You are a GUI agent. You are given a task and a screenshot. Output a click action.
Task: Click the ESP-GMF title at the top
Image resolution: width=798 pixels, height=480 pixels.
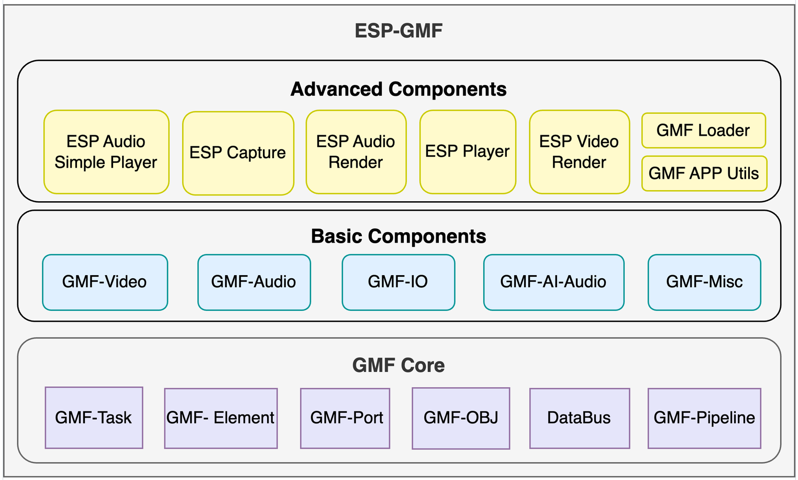click(398, 31)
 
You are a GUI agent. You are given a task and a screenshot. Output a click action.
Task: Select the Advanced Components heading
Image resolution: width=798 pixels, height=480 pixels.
click(398, 89)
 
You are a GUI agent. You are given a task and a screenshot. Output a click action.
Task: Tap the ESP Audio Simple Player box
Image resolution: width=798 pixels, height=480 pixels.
click(106, 152)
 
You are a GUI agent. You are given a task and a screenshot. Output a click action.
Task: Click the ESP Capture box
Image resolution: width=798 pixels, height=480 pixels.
click(238, 153)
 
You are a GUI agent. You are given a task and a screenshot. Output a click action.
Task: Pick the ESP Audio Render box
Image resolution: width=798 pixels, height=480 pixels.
click(356, 152)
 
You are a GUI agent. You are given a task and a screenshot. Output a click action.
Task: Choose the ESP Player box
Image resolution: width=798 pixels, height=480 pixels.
click(468, 152)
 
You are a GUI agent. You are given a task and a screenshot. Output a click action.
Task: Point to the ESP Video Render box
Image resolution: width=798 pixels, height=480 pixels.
click(579, 152)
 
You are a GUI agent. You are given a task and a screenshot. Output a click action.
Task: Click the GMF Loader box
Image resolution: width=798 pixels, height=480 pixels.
click(704, 130)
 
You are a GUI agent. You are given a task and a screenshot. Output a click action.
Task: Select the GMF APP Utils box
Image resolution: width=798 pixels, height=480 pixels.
click(704, 173)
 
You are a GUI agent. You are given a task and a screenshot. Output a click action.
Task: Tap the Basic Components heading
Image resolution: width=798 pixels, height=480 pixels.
click(398, 236)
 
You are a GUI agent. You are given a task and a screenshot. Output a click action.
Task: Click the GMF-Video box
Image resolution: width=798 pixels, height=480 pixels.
click(105, 282)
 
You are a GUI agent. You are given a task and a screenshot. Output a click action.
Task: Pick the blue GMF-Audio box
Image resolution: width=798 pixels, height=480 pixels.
click(254, 282)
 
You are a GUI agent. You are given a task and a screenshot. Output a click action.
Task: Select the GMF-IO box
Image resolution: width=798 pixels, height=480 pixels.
click(398, 282)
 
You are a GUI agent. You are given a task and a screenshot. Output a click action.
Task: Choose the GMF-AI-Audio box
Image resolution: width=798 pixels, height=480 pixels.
click(553, 282)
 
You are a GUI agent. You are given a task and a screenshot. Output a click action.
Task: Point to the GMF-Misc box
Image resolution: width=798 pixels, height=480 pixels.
click(704, 282)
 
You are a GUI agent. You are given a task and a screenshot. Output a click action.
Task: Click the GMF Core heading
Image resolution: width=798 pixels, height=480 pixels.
click(398, 365)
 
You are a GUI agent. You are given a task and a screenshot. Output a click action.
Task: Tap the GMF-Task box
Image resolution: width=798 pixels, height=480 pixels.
click(94, 418)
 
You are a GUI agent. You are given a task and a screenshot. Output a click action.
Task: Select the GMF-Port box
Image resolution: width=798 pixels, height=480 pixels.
click(345, 418)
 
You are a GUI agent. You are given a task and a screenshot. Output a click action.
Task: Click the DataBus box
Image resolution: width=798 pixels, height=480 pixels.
click(580, 418)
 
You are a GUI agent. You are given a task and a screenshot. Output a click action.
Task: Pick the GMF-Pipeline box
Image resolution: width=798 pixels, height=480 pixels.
click(704, 418)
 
